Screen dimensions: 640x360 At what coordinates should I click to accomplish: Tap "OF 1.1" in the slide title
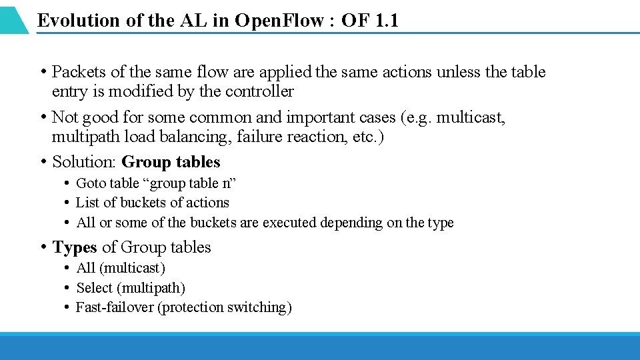pyautogui.click(x=369, y=21)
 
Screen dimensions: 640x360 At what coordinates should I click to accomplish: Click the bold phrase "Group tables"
pyautogui.click(x=171, y=162)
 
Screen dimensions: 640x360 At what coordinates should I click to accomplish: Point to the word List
pyautogui.click(x=86, y=203)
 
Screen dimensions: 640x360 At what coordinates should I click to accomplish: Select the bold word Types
pyautogui.click(x=75, y=247)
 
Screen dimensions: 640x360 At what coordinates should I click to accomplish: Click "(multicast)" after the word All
pyautogui.click(x=133, y=268)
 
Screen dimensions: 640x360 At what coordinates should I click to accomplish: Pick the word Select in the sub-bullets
pyautogui.click(x=94, y=288)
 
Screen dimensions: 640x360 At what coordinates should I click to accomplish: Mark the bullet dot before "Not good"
pyautogui.click(x=42, y=117)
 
